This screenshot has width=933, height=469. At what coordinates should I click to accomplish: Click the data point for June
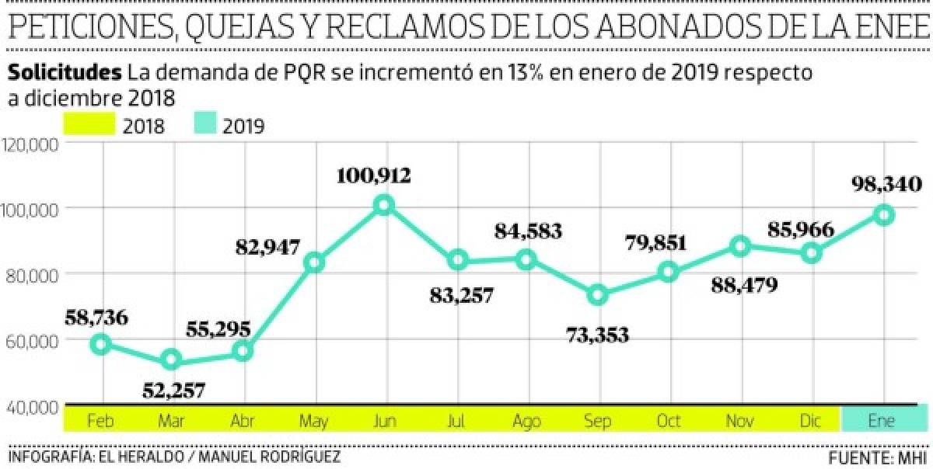click(384, 206)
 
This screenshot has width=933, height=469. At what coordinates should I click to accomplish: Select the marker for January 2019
click(883, 215)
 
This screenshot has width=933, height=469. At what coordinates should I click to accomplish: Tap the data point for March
click(171, 360)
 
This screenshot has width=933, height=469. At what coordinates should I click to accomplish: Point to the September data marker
click(597, 295)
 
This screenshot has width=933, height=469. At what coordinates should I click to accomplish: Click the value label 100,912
click(373, 175)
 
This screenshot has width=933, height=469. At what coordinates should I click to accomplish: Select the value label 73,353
click(598, 335)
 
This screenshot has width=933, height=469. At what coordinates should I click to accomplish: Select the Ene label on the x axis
click(883, 421)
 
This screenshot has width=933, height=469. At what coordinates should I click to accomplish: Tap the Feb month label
click(101, 421)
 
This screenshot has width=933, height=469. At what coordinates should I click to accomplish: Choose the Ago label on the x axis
click(527, 421)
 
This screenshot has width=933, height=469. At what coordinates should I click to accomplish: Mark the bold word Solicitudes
click(65, 73)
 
